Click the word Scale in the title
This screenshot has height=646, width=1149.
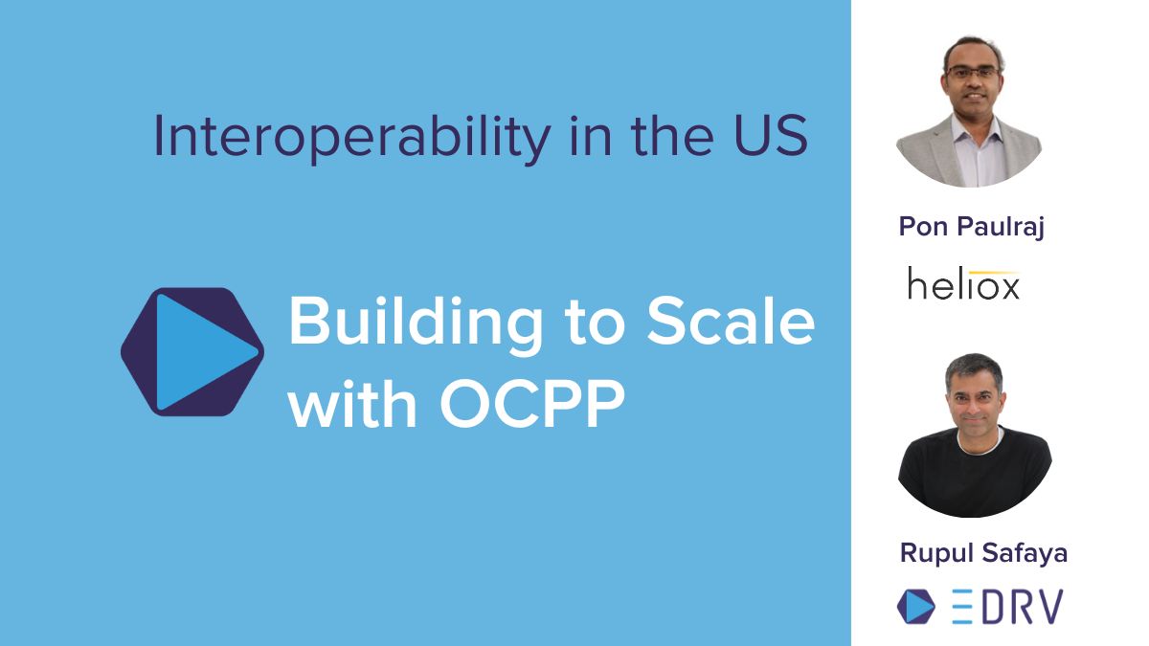pyautogui.click(x=731, y=323)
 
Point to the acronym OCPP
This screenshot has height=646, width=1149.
pyautogui.click(x=532, y=405)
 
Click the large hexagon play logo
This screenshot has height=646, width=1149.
pyautogui.click(x=191, y=351)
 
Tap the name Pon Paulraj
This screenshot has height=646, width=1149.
pyautogui.click(x=971, y=227)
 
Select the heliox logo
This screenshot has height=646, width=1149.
pyautogui.click(x=963, y=284)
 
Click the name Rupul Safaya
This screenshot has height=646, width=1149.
pyautogui.click(x=971, y=553)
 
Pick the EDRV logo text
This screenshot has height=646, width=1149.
pyautogui.click(x=1007, y=607)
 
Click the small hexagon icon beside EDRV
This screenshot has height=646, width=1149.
pyautogui.click(x=916, y=607)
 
